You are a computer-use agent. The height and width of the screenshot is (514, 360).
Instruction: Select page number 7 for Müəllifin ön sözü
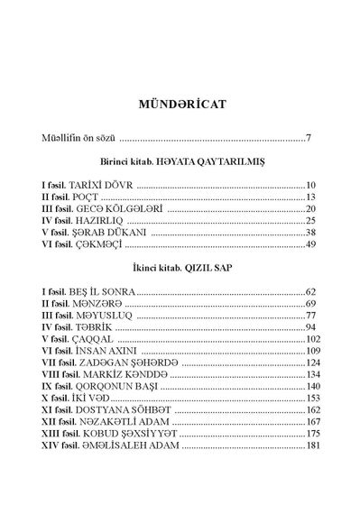309,140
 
